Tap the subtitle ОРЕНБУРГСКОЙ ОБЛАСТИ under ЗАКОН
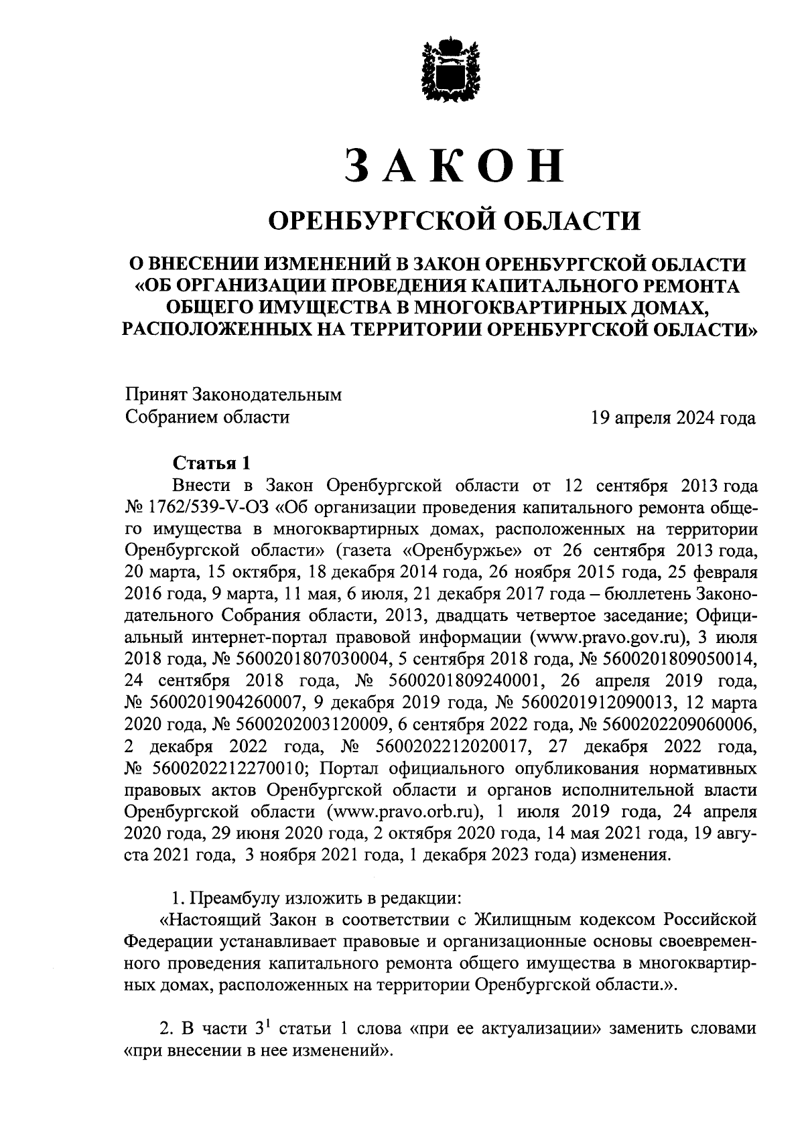pyautogui.click(x=454, y=220)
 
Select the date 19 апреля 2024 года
pyautogui.click(x=672, y=419)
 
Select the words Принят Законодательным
pyautogui.click(x=233, y=395)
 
